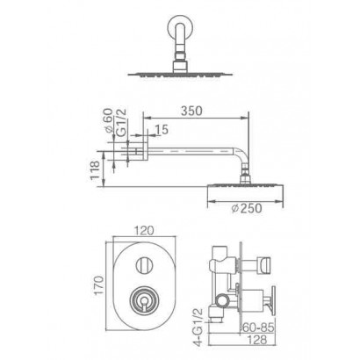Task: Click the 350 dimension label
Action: tap(191, 111)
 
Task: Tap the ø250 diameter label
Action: tap(247, 208)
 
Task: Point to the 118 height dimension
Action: tap(95, 169)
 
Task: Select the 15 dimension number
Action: tap(162, 129)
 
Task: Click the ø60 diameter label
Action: tap(108, 121)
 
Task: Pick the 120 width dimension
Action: tap(145, 230)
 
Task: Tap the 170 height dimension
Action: tap(99, 284)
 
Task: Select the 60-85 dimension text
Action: tap(257, 328)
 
